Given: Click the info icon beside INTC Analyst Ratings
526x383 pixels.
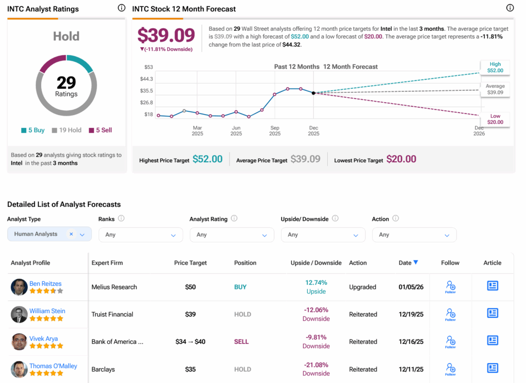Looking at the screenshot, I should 121,8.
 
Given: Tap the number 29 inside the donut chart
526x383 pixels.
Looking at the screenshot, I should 66,83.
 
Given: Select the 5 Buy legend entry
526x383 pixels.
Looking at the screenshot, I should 33,130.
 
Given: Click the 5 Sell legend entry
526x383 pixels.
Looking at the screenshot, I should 100,130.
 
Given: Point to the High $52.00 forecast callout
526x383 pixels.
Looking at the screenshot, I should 495,67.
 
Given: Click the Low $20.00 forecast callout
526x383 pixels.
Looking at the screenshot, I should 495,119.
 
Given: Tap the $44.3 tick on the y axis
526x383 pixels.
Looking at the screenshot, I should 146,79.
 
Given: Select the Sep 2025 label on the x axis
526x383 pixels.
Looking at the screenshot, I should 275,131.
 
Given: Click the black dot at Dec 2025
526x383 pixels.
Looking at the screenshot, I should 313,93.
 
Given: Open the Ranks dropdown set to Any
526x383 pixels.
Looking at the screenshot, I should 140,235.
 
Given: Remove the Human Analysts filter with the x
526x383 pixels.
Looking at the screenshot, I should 71,234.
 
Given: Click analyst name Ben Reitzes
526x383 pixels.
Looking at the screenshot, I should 45,283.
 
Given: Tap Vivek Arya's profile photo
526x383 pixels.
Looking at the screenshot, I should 19,341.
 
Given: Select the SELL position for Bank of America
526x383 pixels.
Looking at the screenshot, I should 241,342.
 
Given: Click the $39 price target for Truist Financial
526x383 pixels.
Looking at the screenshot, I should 190,314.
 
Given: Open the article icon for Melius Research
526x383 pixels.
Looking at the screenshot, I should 492,286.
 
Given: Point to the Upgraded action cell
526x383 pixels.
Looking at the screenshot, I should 363,287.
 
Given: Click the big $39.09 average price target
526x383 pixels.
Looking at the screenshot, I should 166,35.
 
